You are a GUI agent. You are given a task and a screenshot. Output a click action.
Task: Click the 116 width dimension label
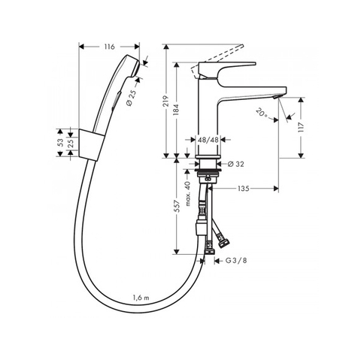click(x=109, y=47)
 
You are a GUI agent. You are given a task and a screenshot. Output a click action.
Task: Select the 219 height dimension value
click(x=165, y=101)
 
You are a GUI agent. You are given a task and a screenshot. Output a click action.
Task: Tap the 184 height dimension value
click(x=177, y=110)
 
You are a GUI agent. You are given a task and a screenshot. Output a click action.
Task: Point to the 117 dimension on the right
click(x=301, y=127)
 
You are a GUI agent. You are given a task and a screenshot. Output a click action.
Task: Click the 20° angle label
click(x=262, y=112)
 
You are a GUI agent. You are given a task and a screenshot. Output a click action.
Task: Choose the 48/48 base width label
click(x=208, y=140)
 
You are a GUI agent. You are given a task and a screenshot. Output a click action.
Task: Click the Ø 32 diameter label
click(x=236, y=164)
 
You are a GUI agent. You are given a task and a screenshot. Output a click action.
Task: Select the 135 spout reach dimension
click(x=244, y=189)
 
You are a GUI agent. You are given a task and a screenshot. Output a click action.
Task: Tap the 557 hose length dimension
click(x=177, y=206)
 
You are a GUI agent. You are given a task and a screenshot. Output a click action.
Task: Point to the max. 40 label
click(x=188, y=194)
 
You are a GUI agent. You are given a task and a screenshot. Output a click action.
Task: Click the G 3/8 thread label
click(x=236, y=261)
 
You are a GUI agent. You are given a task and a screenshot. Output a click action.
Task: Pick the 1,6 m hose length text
click(x=141, y=298)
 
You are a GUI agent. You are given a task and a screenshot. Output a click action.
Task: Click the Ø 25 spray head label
click(x=132, y=98)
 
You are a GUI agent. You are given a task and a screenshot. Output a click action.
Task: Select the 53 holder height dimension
click(x=60, y=143)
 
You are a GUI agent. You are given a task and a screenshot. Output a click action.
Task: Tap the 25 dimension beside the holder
click(x=71, y=143)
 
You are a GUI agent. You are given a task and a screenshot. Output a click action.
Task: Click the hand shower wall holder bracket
click(x=91, y=144)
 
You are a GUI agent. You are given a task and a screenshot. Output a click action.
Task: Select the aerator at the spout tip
click(x=277, y=97)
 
